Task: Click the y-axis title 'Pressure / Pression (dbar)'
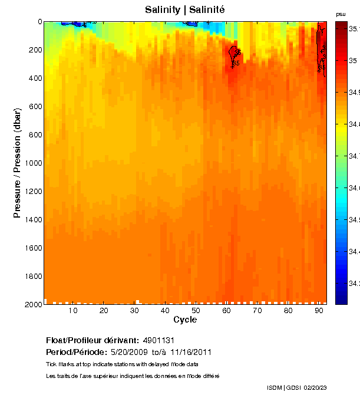click(x=17, y=163)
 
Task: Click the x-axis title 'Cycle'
click(x=185, y=320)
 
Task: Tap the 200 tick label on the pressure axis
click(x=35, y=50)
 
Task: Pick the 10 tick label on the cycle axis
click(x=73, y=311)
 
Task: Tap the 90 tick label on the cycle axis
click(x=319, y=311)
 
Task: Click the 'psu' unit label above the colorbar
click(x=341, y=14)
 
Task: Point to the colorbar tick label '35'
click(x=353, y=60)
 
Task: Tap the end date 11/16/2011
click(x=191, y=352)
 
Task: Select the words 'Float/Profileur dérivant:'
click(x=93, y=340)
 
